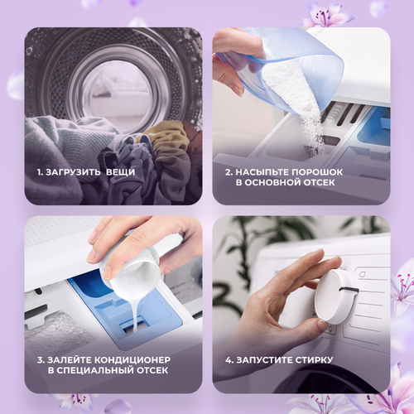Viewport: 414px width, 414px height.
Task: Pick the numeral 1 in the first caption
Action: (38, 172)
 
